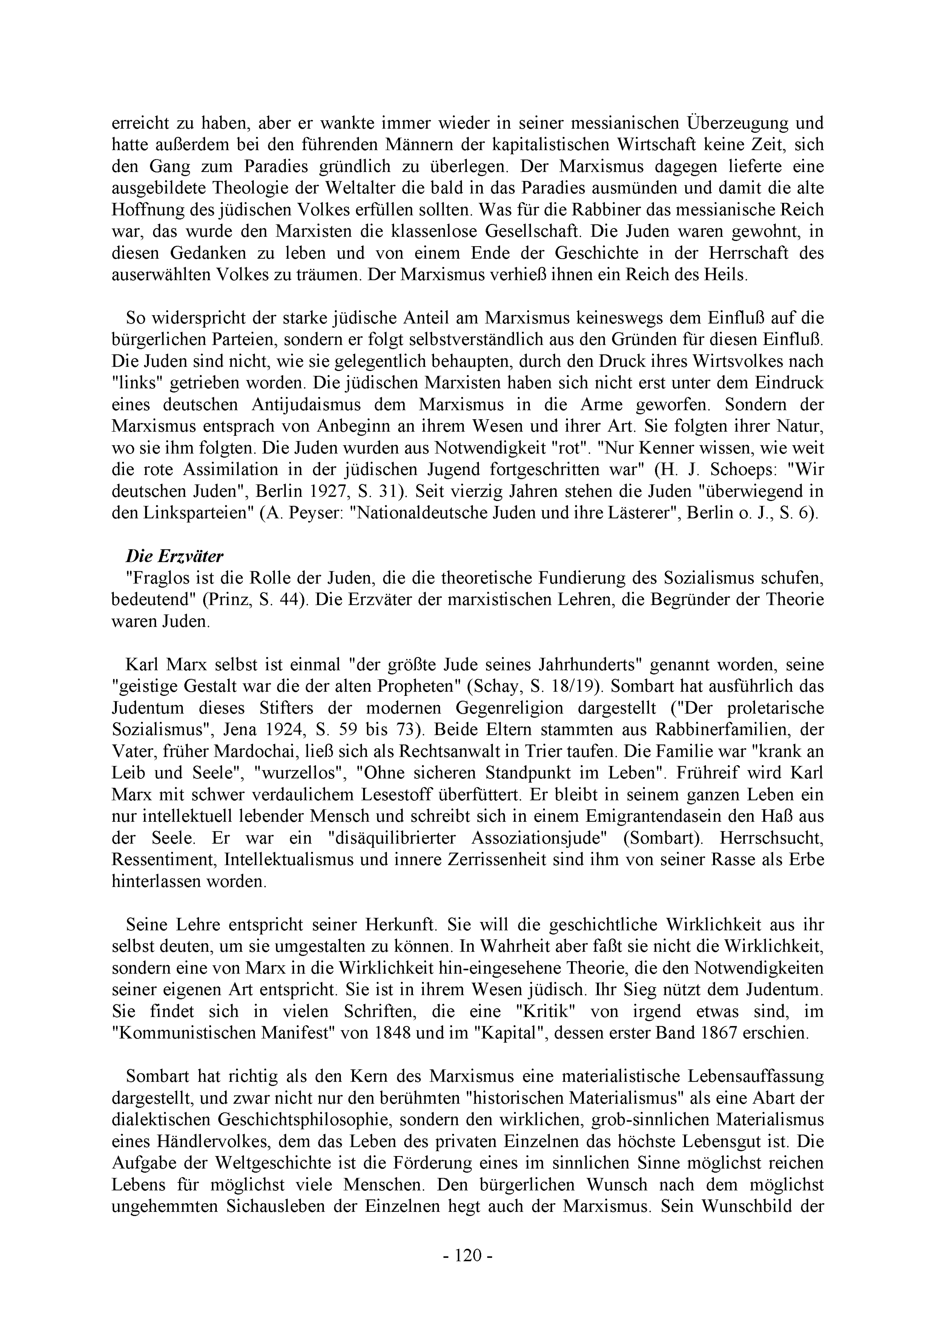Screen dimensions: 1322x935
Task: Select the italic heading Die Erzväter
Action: [x=175, y=556]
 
